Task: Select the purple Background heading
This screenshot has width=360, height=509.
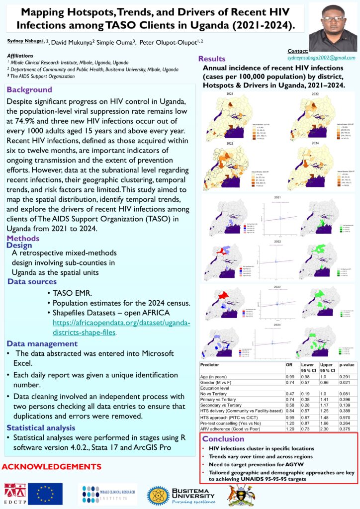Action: click(29, 90)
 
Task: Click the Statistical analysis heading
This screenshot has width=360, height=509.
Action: click(41, 427)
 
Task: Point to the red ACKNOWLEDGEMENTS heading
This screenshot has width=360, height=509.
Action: click(52, 467)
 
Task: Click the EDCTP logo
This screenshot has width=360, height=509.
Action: click(15, 494)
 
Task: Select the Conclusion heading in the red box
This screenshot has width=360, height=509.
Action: click(223, 439)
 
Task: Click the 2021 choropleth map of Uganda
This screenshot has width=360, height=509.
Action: click(230, 115)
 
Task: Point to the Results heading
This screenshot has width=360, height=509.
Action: click(212, 59)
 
